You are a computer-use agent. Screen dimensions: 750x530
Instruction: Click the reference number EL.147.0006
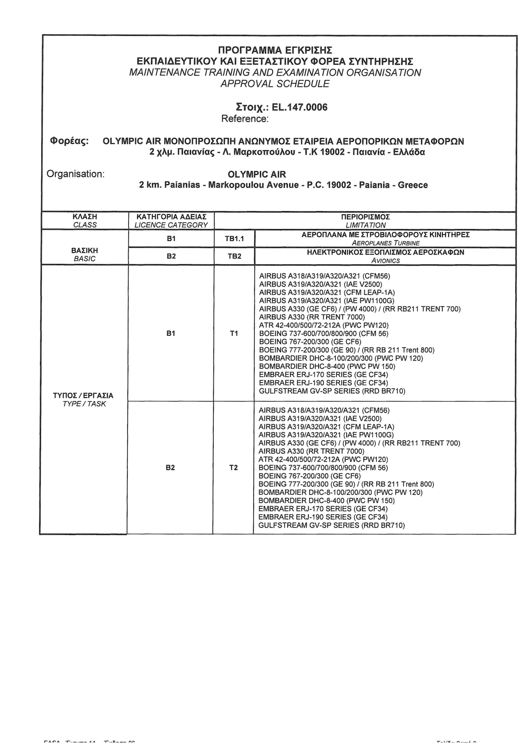click(x=299, y=107)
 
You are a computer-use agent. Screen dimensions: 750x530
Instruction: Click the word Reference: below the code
click(x=245, y=119)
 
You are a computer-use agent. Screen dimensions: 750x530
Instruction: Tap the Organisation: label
click(x=75, y=174)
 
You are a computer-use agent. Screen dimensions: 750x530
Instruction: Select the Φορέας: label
click(x=69, y=141)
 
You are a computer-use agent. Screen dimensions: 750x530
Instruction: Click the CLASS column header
click(x=85, y=225)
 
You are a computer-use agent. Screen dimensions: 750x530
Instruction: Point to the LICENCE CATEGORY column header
click(x=171, y=225)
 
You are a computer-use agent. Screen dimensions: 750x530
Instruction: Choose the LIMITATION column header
click(x=366, y=225)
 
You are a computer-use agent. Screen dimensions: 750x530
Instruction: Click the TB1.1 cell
click(x=234, y=239)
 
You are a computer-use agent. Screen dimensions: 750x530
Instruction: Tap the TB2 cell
click(x=234, y=256)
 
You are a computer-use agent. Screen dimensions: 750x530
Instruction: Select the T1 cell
click(x=234, y=334)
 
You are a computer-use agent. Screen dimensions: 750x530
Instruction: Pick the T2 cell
click(x=233, y=468)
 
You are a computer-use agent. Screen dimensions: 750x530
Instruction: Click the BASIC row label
click(x=85, y=259)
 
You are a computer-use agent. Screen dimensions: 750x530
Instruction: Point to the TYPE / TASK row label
click(x=84, y=404)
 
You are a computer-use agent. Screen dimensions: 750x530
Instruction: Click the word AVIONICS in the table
click(x=385, y=261)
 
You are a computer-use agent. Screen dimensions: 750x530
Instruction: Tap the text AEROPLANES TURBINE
click(x=385, y=243)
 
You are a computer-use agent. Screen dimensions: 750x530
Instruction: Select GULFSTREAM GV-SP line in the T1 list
click(x=332, y=391)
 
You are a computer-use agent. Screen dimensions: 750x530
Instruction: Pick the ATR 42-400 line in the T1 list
click(x=324, y=325)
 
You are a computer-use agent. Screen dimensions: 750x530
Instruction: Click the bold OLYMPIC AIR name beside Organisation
click(x=257, y=174)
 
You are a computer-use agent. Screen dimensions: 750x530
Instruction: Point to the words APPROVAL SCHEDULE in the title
click(x=275, y=84)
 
